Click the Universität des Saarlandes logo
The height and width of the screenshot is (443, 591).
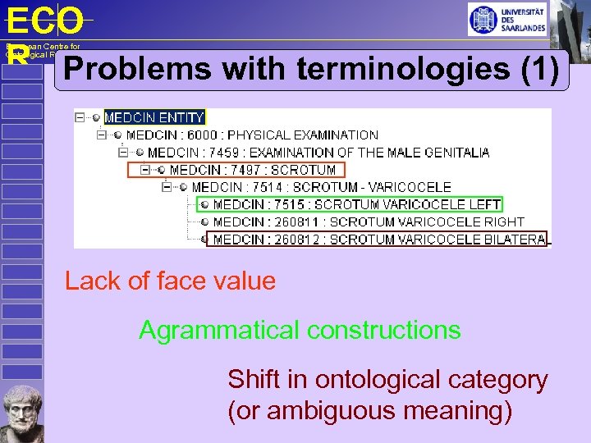pos(506,19)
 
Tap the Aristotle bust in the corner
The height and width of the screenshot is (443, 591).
pos(22,413)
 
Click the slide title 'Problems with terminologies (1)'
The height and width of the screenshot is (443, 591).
pos(315,69)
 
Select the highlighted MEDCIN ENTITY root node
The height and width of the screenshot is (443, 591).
pos(153,117)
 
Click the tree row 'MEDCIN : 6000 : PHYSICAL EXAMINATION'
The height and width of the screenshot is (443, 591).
pos(252,135)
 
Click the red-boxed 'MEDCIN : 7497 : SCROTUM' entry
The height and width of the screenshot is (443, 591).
pos(253,170)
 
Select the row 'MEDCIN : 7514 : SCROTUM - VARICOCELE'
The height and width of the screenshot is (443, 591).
pos(321,187)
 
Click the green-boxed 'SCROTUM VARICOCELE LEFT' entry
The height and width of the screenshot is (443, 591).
pos(356,204)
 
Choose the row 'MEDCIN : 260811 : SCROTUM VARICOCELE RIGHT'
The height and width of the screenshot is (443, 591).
pos(368,221)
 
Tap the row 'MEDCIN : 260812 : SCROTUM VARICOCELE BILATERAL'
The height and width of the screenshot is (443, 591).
pos(378,240)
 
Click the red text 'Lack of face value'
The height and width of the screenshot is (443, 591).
pos(170,281)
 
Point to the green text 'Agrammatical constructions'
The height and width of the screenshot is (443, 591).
pos(300,331)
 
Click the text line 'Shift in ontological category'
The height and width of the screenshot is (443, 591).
pos(387,380)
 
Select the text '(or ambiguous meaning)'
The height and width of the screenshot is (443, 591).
pos(369,410)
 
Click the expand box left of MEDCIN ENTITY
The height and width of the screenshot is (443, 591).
pos(80,117)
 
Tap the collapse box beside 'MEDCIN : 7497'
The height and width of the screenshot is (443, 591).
pos(145,170)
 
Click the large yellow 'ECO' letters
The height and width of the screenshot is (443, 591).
pos(44,21)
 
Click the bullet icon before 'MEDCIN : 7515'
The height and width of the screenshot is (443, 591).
pos(205,204)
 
